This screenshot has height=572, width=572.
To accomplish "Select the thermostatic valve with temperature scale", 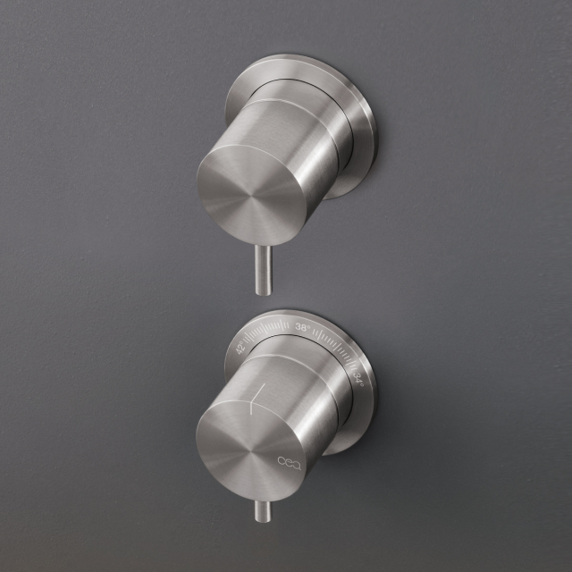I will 286,411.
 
